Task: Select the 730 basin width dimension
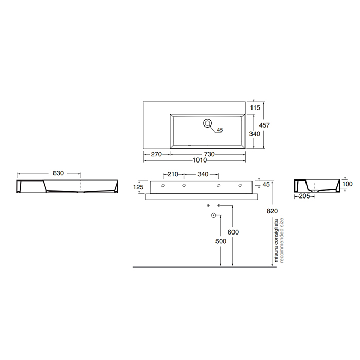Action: pos(208,154)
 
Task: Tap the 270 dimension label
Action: pos(156,154)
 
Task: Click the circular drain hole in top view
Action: pos(208,123)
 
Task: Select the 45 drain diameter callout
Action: pos(219,130)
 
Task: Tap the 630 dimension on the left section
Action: pos(58,174)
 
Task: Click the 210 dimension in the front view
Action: pos(172,174)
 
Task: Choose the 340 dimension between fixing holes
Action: pos(203,174)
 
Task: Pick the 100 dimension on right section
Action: pos(347,184)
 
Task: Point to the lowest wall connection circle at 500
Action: pos(212,215)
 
